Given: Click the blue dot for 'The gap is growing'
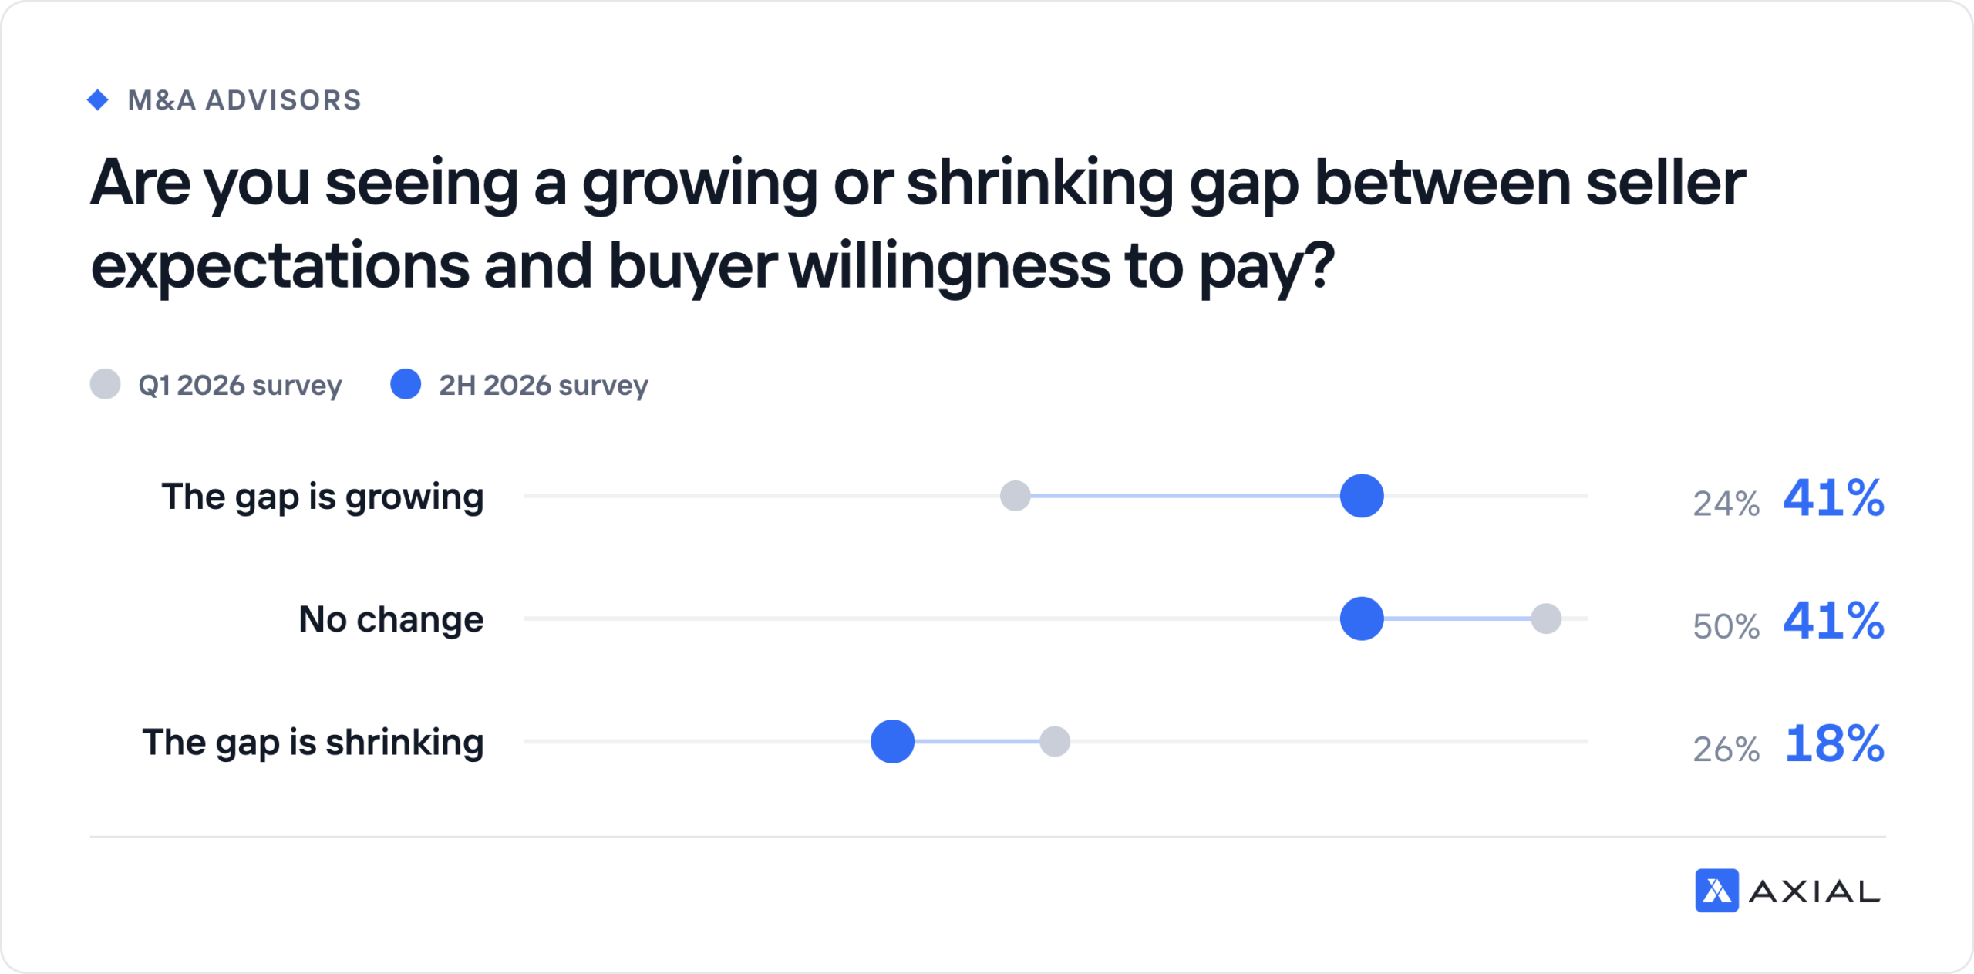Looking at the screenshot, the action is pyautogui.click(x=1362, y=496).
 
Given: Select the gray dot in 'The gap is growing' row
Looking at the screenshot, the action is pyautogui.click(x=1015, y=496).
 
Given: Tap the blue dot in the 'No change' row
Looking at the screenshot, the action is pyautogui.click(x=1362, y=618).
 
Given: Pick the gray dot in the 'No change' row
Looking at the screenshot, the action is pyautogui.click(x=1546, y=618).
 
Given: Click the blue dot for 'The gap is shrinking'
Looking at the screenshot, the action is pyautogui.click(x=892, y=741).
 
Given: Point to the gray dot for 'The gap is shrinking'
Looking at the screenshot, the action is pyautogui.click(x=1055, y=741).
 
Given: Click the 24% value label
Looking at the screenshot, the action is pyautogui.click(x=1726, y=504).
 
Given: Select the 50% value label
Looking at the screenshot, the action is pyautogui.click(x=1726, y=626).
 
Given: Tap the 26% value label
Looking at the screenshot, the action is pyautogui.click(x=1726, y=749).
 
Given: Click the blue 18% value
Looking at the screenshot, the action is pyautogui.click(x=1834, y=744).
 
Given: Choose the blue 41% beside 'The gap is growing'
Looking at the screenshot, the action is pyautogui.click(x=1834, y=498).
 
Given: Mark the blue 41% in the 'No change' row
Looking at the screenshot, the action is pyautogui.click(x=1834, y=621).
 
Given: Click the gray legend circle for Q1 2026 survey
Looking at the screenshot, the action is pyautogui.click(x=105, y=384).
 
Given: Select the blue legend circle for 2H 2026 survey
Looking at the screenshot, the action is pyautogui.click(x=406, y=384).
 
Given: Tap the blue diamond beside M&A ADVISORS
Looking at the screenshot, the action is pyautogui.click(x=98, y=99).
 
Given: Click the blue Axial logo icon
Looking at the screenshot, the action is pyautogui.click(x=1716, y=891).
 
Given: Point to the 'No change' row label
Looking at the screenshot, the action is pyautogui.click(x=391, y=619).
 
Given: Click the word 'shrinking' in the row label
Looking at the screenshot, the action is pyautogui.click(x=405, y=743).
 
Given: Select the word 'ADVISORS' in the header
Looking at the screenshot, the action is pyautogui.click(x=283, y=100).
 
